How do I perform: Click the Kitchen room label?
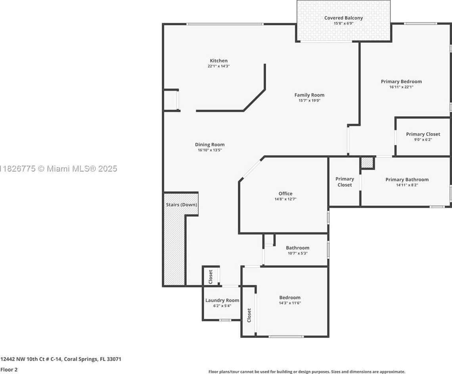(218, 61)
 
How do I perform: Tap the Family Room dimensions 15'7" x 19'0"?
(309, 101)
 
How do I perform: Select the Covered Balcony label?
(343, 18)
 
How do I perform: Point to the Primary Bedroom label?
(401, 82)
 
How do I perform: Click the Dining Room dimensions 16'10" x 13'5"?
(209, 150)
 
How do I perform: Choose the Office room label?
(285, 194)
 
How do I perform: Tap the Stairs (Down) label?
(181, 205)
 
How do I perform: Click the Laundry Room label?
(222, 300)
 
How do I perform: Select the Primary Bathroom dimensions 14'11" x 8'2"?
(407, 185)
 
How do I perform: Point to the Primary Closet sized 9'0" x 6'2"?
(423, 134)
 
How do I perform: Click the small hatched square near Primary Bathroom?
(367, 163)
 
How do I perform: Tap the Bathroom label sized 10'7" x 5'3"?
(297, 248)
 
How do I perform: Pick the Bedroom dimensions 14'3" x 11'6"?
(289, 303)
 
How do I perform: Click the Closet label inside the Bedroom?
(249, 315)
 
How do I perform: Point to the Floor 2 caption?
(9, 370)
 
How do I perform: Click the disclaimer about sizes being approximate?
(306, 372)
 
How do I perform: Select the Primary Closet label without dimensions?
(344, 182)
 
